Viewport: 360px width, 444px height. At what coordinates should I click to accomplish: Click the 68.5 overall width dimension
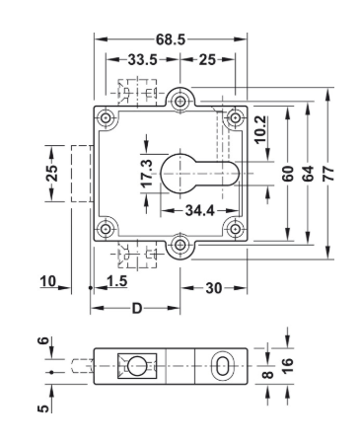[x=171, y=39]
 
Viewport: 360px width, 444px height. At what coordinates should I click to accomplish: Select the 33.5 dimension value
[x=142, y=60]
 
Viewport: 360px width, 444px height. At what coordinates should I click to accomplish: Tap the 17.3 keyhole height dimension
[x=147, y=173]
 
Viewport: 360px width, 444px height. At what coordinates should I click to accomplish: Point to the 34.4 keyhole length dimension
[x=200, y=210]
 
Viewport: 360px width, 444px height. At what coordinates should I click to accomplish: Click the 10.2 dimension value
[x=260, y=129]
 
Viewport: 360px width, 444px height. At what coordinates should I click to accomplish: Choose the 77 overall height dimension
[x=328, y=174]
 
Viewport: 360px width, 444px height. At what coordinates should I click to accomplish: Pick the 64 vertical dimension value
[x=308, y=174]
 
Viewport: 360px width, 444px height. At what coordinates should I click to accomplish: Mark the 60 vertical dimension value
[x=288, y=174]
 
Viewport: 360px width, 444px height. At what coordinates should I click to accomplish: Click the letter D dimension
[x=137, y=309]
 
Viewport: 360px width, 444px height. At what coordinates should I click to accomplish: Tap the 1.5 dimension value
[x=117, y=281]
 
